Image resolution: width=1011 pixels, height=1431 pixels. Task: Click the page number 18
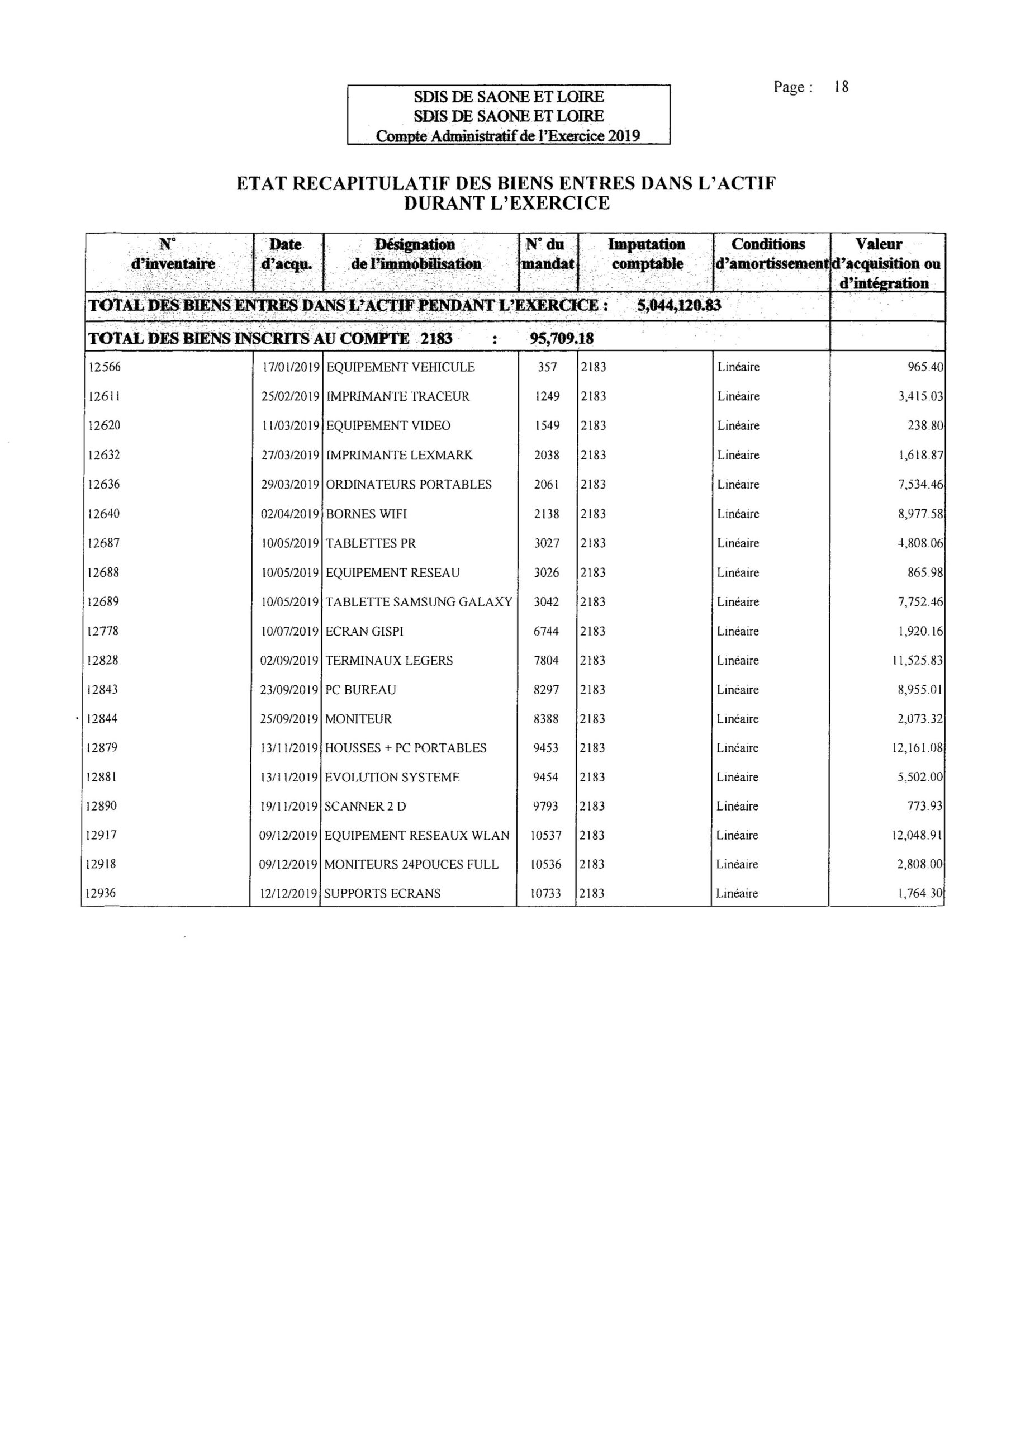(841, 87)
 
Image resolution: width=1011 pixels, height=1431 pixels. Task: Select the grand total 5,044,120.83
(679, 306)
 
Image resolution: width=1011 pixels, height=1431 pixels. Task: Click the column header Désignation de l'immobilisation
(415, 254)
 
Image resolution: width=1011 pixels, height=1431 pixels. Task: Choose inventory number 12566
(105, 367)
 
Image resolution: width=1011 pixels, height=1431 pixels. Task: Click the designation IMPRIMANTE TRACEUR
(398, 396)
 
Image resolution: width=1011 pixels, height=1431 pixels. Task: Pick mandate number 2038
(547, 455)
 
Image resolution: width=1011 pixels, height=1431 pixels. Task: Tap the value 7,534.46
(920, 484)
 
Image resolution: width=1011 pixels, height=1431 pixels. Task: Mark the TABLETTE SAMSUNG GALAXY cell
(418, 602)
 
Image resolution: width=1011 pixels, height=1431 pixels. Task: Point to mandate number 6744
(546, 631)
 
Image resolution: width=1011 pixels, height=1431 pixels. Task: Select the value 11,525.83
(918, 661)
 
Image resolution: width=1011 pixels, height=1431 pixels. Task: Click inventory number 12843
(102, 690)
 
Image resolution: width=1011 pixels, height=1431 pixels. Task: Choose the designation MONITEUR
(358, 719)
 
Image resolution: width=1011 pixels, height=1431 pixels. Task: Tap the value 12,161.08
(918, 748)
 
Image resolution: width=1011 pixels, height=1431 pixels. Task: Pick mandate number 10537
(545, 836)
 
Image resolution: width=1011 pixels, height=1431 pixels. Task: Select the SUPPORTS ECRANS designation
(382, 894)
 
